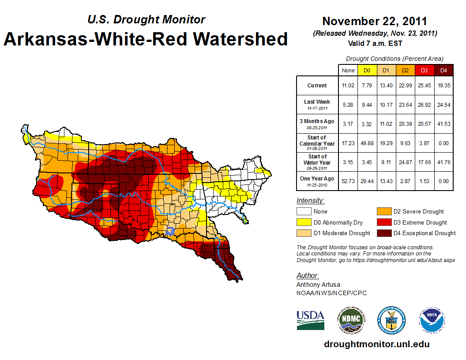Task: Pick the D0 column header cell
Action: pos(366,70)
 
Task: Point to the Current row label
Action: pos(317,86)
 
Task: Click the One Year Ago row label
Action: pos(317,179)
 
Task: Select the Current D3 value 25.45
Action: pos(424,86)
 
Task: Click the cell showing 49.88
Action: pos(366,143)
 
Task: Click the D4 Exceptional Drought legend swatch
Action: pos(383,233)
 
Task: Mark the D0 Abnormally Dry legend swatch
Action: pos(303,222)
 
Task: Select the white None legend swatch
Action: pos(303,212)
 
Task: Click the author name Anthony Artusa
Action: pos(318,285)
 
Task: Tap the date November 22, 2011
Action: pos(374,21)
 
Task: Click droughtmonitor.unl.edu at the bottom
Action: pos(376,344)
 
